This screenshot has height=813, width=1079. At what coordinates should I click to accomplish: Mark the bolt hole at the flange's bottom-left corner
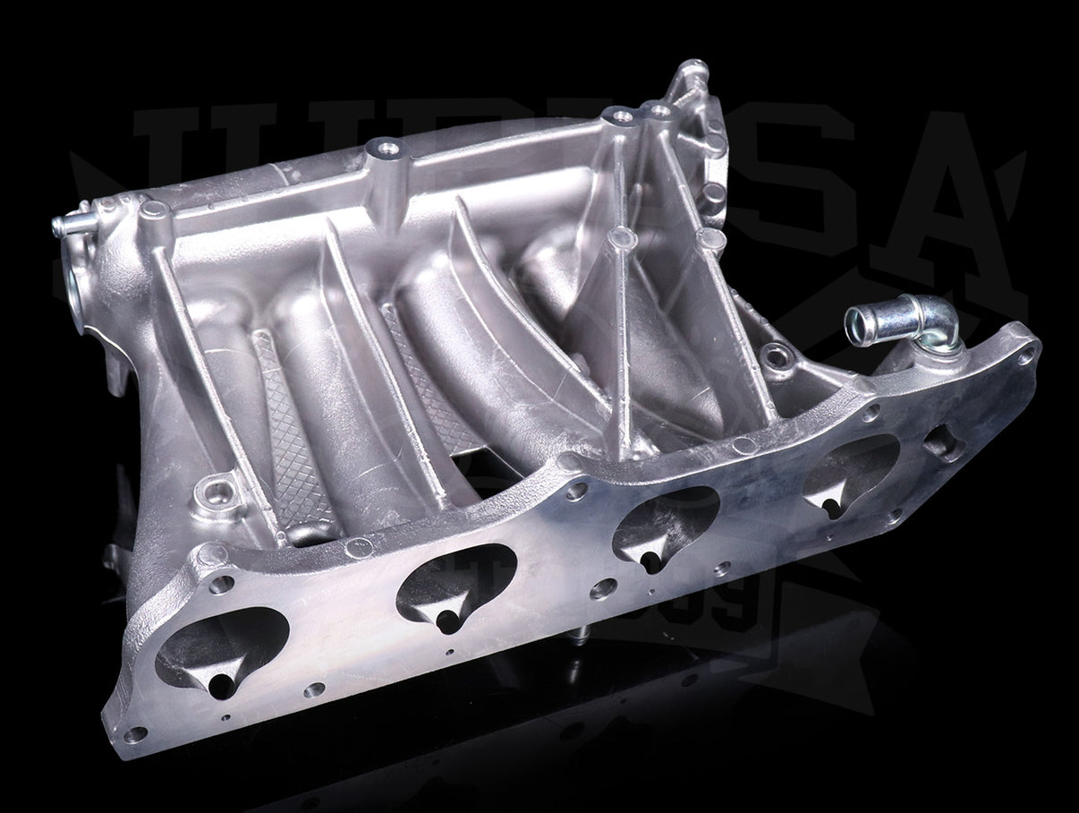[135, 734]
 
